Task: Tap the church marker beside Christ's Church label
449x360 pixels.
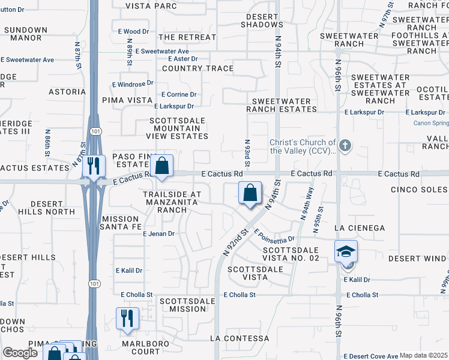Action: click(345, 145)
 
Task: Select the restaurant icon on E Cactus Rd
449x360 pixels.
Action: click(93, 166)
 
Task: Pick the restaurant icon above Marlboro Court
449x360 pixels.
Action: click(127, 318)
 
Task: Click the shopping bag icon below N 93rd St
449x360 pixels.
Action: click(250, 193)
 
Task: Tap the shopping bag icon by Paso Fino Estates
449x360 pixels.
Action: click(161, 166)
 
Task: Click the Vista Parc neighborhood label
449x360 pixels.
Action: click(151, 6)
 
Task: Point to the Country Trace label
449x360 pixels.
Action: click(197, 68)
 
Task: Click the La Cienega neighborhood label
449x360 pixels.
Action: click(359, 228)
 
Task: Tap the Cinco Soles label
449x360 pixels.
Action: click(419, 190)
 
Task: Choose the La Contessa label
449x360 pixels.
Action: click(240, 338)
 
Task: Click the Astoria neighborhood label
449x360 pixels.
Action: click(68, 92)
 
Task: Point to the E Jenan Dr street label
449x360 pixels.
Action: click(158, 233)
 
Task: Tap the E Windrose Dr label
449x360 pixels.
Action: click(133, 83)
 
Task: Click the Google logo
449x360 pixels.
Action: click(20, 353)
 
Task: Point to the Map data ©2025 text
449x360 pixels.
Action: click(424, 355)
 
